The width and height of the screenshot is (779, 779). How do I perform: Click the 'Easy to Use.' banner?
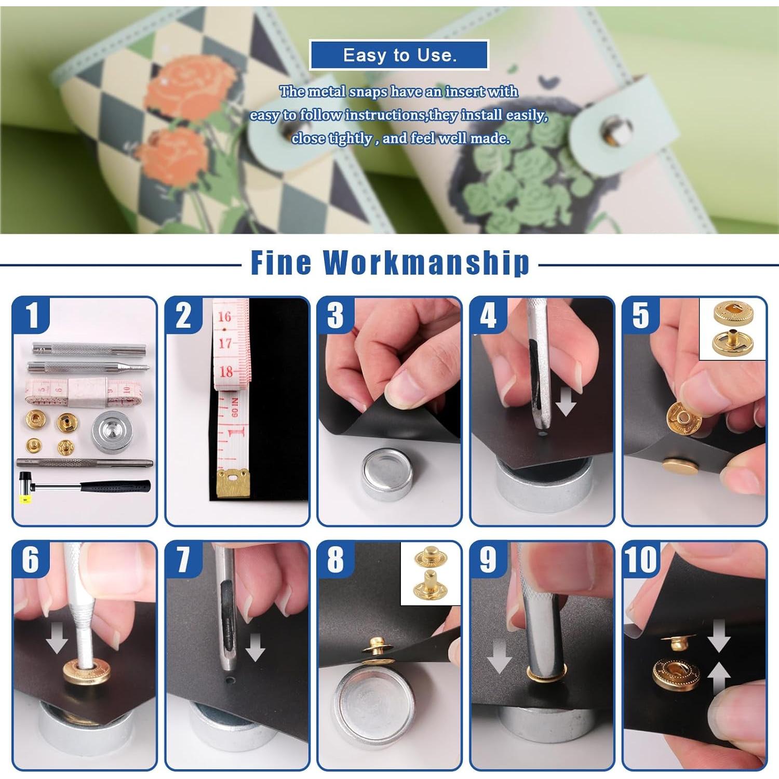pyautogui.click(x=399, y=55)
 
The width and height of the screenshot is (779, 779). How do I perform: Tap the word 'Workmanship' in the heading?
pyautogui.click(x=426, y=262)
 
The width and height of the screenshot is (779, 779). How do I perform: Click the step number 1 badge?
pyautogui.click(x=32, y=315)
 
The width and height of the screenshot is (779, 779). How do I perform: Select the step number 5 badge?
pyautogui.click(x=641, y=315)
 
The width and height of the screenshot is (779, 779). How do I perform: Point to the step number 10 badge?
pyautogui.click(x=641, y=559)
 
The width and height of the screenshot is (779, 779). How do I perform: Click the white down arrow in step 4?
pyautogui.click(x=566, y=402)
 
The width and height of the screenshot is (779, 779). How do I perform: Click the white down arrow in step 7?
pyautogui.click(x=254, y=647)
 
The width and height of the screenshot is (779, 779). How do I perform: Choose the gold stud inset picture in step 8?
pyautogui.click(x=431, y=574)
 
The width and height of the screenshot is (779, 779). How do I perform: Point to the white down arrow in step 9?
pyautogui.click(x=499, y=656)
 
